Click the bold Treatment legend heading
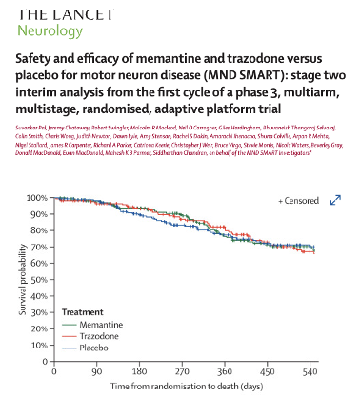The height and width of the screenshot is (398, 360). [x=83, y=312]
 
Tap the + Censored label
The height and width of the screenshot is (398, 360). [x=298, y=201]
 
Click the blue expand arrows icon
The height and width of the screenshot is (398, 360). [x=336, y=200]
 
